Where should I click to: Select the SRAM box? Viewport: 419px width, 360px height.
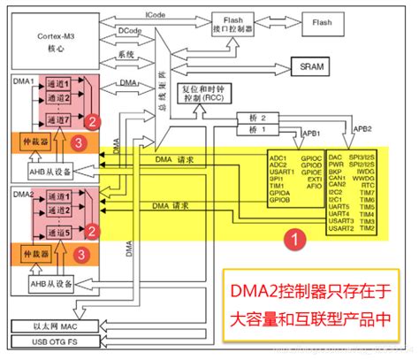[x=314, y=66]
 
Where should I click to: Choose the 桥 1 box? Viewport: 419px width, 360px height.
[x=250, y=129]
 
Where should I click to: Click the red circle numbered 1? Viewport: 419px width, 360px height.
[x=298, y=237]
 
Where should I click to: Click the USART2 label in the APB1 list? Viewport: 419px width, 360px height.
[x=341, y=229]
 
